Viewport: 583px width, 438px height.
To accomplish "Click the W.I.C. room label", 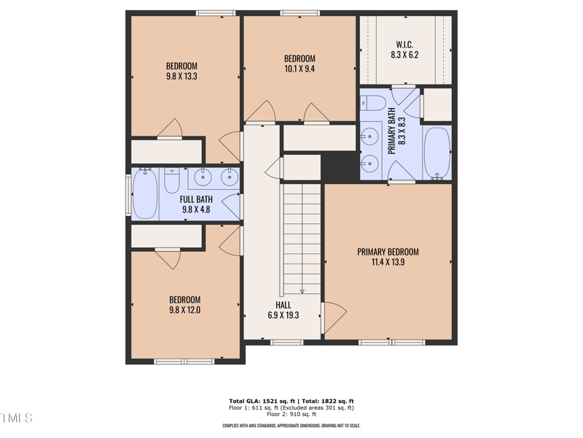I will pos(404,50).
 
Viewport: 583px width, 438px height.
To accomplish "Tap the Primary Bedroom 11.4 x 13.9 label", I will pos(388,257).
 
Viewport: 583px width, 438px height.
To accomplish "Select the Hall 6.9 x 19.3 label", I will pos(283,310).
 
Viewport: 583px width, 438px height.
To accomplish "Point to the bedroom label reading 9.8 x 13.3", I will pos(181,71).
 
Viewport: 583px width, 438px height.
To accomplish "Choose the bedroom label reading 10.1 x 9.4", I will pos(299,64).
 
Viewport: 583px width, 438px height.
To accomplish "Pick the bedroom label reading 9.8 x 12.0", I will pos(184,304).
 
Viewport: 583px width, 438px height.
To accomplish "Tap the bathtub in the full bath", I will pos(144,194).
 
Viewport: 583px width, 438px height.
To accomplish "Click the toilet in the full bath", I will pos(172,180).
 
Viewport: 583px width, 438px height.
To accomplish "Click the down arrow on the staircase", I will pos(302,290).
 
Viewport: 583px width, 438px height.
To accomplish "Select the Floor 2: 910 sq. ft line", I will pos(291,415).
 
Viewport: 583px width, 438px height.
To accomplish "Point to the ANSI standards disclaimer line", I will pos(291,426).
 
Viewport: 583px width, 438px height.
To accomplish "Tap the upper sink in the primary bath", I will pos(372,134).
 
